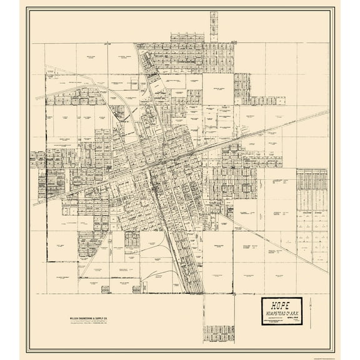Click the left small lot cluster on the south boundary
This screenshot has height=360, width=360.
[x=132, y=238]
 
